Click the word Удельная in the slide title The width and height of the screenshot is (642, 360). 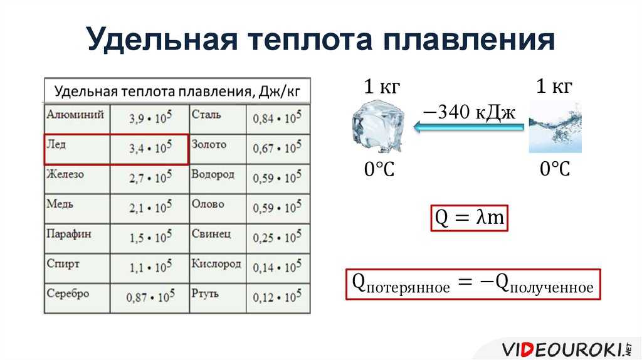[162, 40]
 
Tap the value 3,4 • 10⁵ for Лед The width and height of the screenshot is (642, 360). [150, 148]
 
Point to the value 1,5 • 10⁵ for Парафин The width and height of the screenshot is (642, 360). [150, 237]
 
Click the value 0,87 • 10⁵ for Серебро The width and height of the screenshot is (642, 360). [150, 297]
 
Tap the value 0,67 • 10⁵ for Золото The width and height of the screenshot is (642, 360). [277, 148]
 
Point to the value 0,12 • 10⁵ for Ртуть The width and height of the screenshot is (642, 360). [277, 297]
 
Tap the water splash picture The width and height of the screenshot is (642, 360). [555, 127]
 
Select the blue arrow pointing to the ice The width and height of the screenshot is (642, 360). [469, 127]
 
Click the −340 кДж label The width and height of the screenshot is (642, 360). [469, 112]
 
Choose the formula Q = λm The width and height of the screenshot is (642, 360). [469, 218]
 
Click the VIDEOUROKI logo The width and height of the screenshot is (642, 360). [567, 349]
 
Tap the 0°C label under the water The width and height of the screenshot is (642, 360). [555, 169]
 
